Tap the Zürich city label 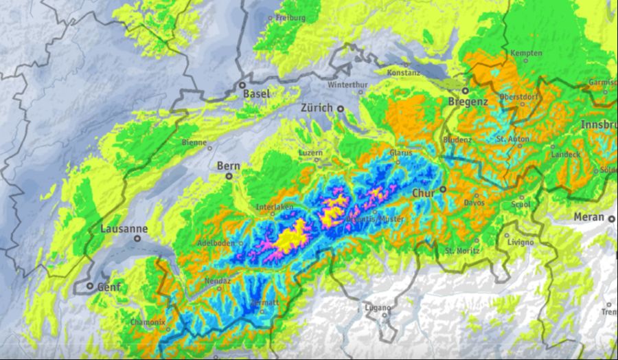click(x=317, y=108)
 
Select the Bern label click(x=228, y=166)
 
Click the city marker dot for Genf click(x=89, y=285)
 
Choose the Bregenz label click(x=468, y=101)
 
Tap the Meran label click(x=590, y=218)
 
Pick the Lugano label click(x=378, y=307)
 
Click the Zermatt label click(x=265, y=302)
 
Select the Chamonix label click(x=148, y=322)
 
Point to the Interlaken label click(x=275, y=207)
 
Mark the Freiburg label click(x=290, y=18)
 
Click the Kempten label click(x=527, y=53)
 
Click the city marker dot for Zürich click(x=340, y=109)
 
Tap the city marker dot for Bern click(x=229, y=176)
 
